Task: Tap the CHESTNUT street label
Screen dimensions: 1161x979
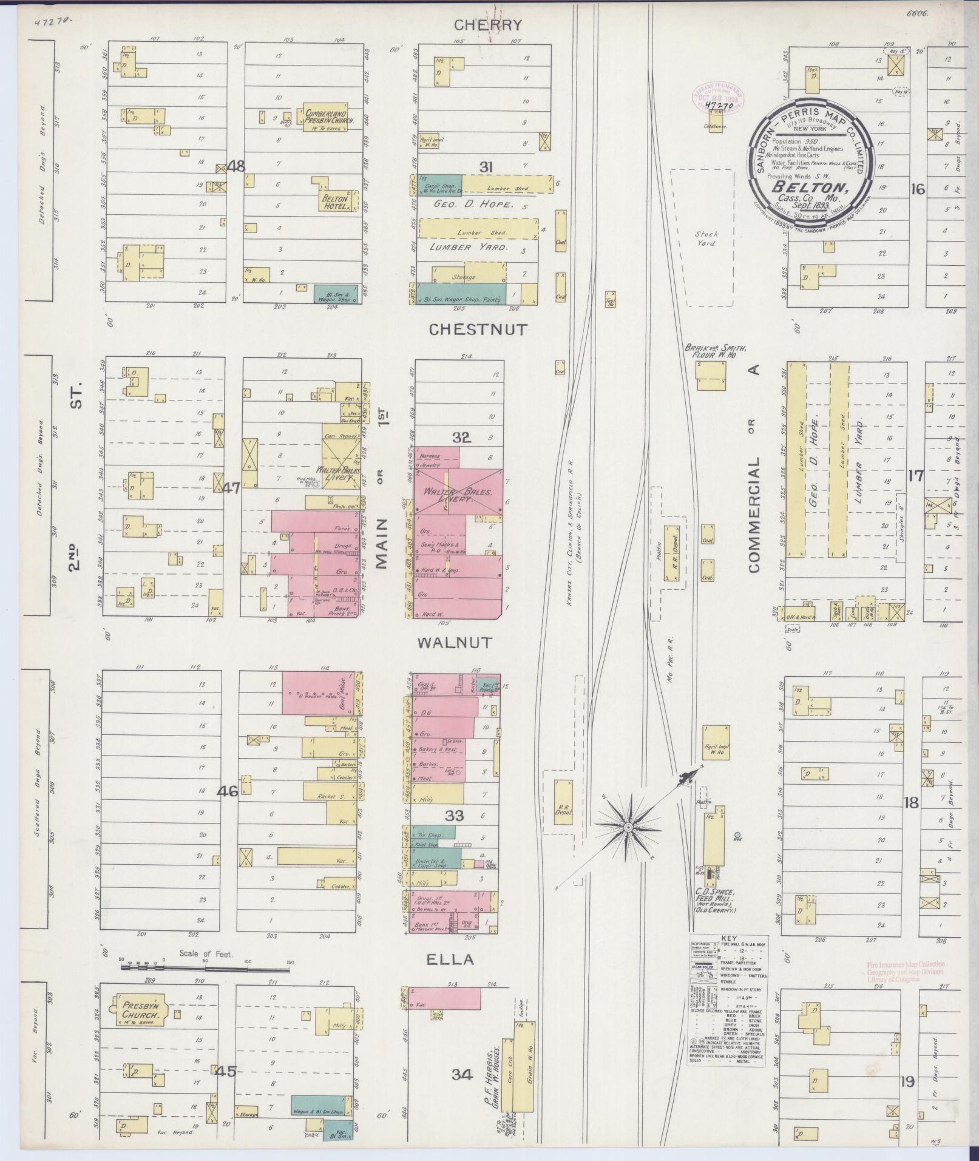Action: click(478, 330)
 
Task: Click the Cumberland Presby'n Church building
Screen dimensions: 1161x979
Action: click(325, 117)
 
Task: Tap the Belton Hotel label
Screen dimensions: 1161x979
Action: click(334, 202)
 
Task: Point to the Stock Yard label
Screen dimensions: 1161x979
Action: click(706, 238)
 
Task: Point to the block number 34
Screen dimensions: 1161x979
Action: click(462, 1074)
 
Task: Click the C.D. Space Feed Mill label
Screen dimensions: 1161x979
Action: click(716, 900)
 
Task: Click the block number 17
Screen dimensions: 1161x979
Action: click(915, 476)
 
